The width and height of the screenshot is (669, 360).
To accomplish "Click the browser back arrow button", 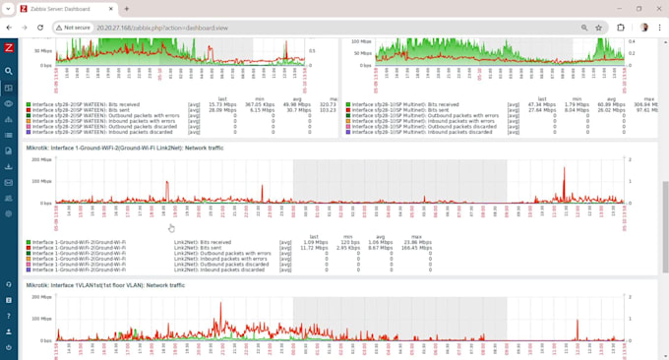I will click(x=9, y=28).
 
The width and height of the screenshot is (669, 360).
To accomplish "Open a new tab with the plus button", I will click(x=127, y=9).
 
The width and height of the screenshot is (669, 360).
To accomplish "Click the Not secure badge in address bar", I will click(x=74, y=28).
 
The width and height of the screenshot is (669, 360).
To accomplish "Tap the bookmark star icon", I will click(x=597, y=28).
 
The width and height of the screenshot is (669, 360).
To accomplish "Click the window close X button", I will click(x=653, y=9).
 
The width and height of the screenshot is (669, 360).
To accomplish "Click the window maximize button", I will click(x=627, y=9).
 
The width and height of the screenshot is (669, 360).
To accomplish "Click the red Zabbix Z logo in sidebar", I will click(x=9, y=47).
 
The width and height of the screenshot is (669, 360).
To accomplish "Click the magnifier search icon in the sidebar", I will click(x=9, y=71).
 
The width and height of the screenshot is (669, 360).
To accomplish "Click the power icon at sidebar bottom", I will click(x=9, y=347).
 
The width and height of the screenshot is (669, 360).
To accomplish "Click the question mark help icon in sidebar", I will click(x=9, y=316).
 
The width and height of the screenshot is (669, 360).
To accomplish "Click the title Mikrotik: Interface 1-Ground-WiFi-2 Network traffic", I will click(x=134, y=147).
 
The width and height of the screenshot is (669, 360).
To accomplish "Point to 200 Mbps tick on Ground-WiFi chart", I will click(x=41, y=159).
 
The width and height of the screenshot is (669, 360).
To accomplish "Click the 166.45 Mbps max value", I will click(x=417, y=248).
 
